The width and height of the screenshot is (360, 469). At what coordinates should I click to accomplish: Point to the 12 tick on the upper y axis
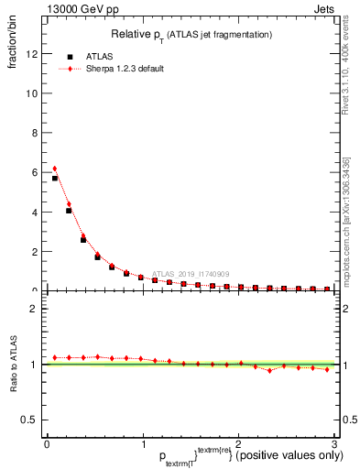35,54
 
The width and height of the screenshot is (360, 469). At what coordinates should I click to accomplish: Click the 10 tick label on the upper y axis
35,93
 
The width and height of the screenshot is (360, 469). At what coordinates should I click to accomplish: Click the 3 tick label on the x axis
335,443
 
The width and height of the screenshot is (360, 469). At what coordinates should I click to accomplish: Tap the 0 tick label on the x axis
47,443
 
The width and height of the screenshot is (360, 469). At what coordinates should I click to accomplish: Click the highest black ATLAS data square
55,179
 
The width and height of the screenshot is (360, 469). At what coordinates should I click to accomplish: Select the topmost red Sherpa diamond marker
55,169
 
